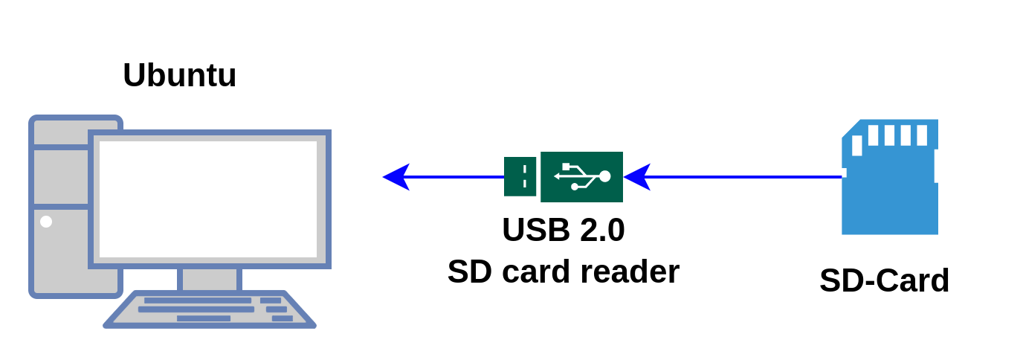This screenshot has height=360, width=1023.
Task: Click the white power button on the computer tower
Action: click(46, 222)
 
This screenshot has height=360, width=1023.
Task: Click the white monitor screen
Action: click(208, 199)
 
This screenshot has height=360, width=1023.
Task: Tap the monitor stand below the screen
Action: click(210, 280)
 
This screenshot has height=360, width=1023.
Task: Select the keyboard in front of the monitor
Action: click(210, 309)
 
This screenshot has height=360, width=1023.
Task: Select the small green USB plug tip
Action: click(520, 177)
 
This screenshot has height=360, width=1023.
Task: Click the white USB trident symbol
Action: click(582, 177)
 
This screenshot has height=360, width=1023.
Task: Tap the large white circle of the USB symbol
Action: click(604, 176)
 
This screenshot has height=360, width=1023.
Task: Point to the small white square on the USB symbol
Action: click(567, 167)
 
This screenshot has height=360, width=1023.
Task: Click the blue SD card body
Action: click(889, 201)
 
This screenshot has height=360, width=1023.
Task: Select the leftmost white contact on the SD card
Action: click(857, 145)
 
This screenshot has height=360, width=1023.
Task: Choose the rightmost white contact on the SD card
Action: click(922, 135)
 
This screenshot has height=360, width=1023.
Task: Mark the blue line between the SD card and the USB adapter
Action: click(743, 177)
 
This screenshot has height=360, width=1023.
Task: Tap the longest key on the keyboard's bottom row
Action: click(203, 318)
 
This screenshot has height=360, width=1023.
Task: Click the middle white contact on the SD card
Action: click(889, 135)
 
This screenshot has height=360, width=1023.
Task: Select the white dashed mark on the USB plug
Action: click(525, 176)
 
